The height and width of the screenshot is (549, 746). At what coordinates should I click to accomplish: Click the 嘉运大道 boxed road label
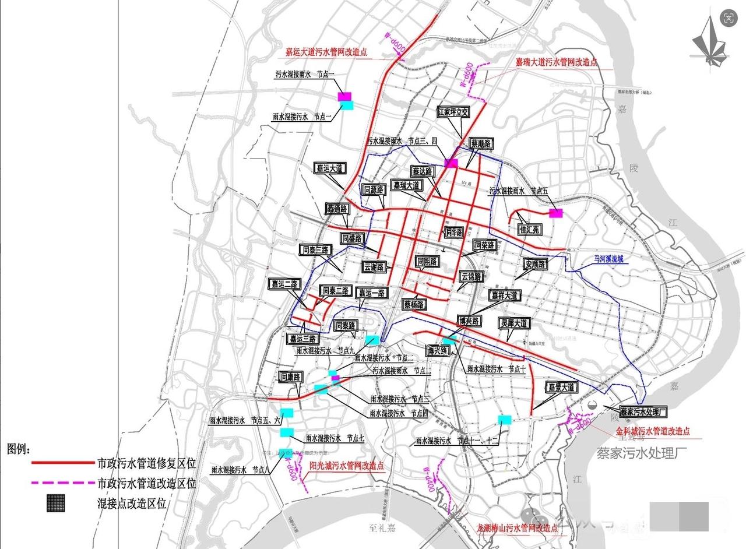pos(329,168)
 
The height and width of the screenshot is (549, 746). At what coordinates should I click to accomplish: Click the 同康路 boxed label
pos(290,377)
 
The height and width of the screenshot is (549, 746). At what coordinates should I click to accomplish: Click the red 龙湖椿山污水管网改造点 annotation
pos(517,527)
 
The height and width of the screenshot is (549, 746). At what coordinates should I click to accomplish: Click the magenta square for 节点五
pos(556,213)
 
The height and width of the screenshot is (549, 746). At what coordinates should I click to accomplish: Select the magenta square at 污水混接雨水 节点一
pos(344,96)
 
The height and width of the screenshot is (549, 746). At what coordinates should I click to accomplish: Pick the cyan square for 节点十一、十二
pos(505,419)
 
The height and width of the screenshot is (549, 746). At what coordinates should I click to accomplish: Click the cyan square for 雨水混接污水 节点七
pos(286,432)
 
